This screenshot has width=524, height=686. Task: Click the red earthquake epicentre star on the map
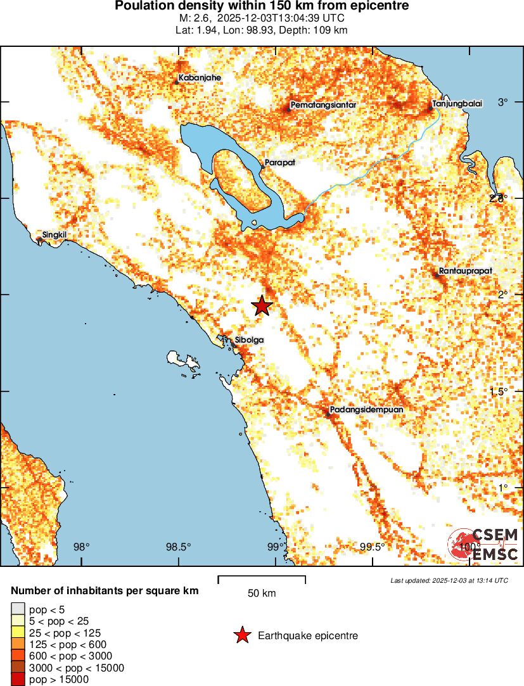(x=262, y=305)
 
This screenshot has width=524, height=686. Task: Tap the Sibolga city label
(x=249, y=340)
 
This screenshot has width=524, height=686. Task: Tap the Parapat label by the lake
(x=279, y=162)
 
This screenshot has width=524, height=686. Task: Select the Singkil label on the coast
(x=54, y=236)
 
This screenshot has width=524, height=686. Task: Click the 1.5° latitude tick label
(x=499, y=391)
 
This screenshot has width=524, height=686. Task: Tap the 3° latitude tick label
(x=504, y=102)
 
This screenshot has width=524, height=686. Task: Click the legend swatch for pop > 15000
(x=16, y=680)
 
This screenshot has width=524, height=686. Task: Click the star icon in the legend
(x=241, y=635)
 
